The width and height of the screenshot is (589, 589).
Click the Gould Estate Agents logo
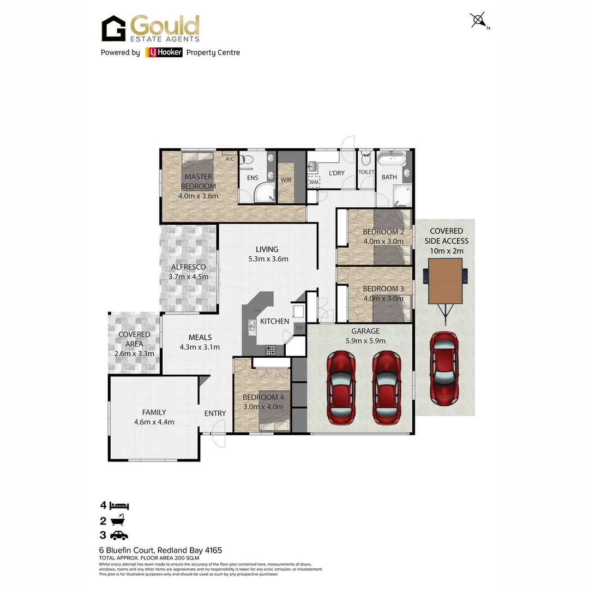pyautogui.click(x=151, y=28)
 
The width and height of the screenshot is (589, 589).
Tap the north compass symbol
pyautogui.click(x=478, y=21)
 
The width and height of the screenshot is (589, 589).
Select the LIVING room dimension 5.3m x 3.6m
pyautogui.click(x=267, y=259)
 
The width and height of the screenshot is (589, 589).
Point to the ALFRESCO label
pyautogui.click(x=188, y=267)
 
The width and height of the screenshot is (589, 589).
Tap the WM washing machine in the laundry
pyautogui.click(x=314, y=182)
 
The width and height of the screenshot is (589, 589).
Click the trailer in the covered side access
pyautogui.click(x=446, y=283)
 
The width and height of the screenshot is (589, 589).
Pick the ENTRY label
pyautogui.click(x=215, y=413)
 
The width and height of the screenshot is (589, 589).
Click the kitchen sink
pyautogui.click(x=252, y=326)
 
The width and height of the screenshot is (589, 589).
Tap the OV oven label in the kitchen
pyautogui.click(x=299, y=328)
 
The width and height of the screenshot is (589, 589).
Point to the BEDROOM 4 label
pyautogui.click(x=261, y=397)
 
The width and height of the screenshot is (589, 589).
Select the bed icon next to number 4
pyautogui.click(x=119, y=506)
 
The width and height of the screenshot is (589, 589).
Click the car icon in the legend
pyautogui.click(x=119, y=536)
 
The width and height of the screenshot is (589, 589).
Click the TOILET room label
pyautogui.click(x=366, y=172)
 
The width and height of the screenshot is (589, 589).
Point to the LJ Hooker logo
pyautogui.click(x=164, y=52)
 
